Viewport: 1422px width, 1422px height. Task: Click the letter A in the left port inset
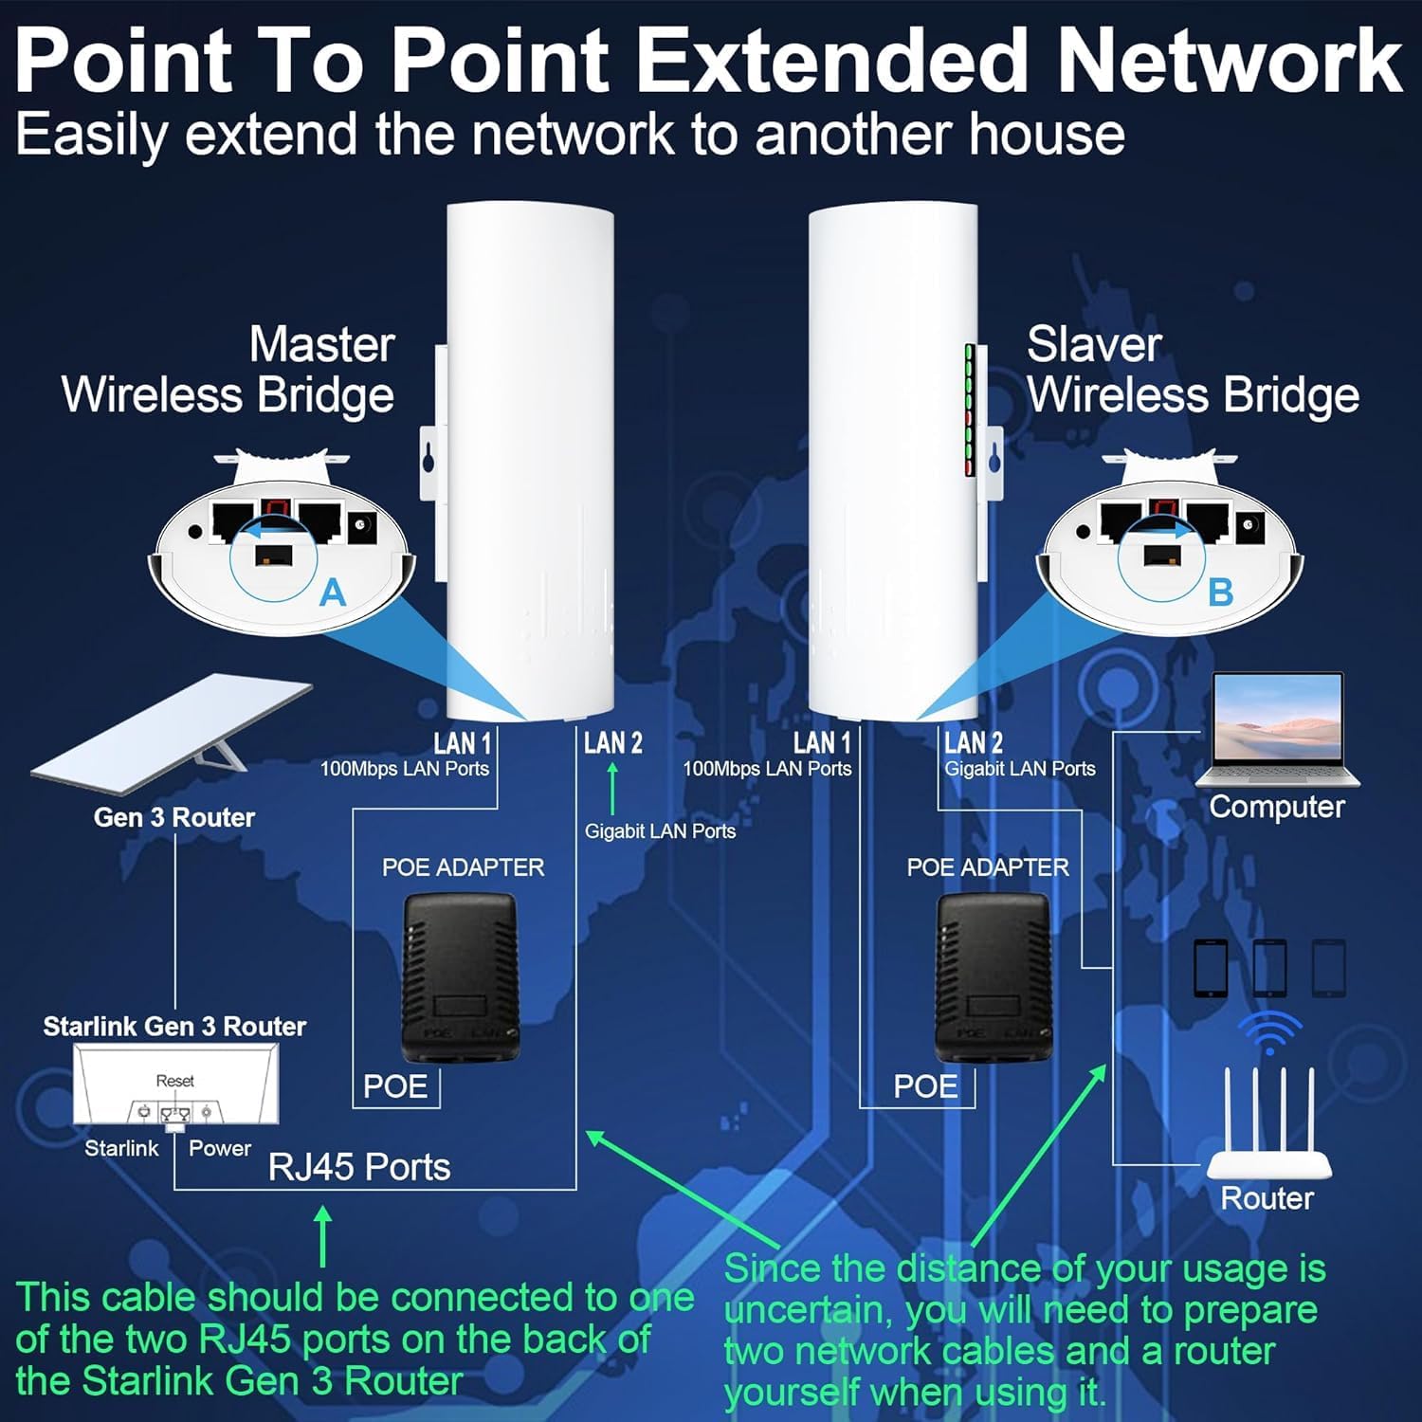(x=332, y=592)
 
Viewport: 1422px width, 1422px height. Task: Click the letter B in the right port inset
(x=1220, y=592)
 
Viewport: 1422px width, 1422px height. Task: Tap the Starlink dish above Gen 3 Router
(x=171, y=725)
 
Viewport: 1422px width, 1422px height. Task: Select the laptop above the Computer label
(x=1277, y=730)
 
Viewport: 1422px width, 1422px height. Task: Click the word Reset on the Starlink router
(x=174, y=1081)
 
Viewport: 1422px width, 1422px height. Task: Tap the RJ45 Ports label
(x=359, y=1167)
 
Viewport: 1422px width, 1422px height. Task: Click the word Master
(x=321, y=345)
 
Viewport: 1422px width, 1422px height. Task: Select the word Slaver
(x=1094, y=345)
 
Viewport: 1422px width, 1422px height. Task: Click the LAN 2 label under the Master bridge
(x=612, y=743)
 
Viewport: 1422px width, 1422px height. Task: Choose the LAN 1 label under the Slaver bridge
(x=822, y=743)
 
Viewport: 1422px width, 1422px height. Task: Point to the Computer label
(x=1277, y=807)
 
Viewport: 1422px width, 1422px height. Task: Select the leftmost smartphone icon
(x=1211, y=968)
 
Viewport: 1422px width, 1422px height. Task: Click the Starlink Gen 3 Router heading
(x=174, y=1027)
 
